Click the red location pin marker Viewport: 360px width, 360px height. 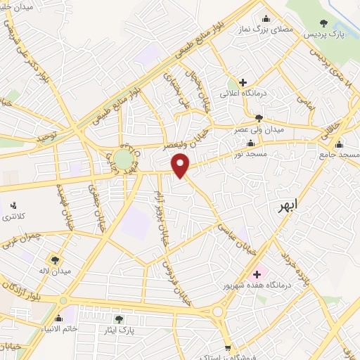pos(181,165)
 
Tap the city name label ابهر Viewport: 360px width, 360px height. pos(288,205)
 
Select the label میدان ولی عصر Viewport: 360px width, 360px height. pos(259,129)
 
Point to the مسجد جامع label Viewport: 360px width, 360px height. pos(340,153)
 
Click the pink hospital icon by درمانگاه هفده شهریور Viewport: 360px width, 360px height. pos(256,273)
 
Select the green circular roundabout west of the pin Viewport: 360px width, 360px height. pos(123,158)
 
